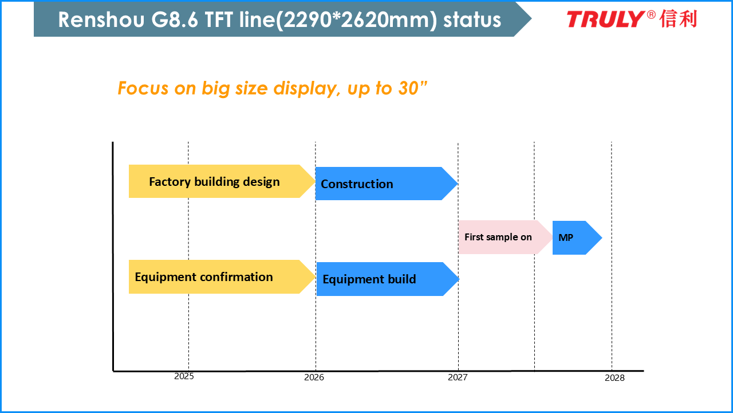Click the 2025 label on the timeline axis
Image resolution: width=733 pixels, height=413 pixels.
pyautogui.click(x=184, y=376)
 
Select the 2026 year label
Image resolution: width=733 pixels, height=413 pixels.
pyautogui.click(x=314, y=377)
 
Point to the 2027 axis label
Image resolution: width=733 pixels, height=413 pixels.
pyautogui.click(x=458, y=377)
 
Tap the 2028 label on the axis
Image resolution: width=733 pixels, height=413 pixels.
pyautogui.click(x=614, y=378)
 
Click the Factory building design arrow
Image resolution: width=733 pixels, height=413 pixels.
pyautogui.click(x=222, y=181)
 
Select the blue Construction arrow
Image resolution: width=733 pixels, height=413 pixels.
pyautogui.click(x=387, y=184)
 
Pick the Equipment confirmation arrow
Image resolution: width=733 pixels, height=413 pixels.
pyautogui.click(x=222, y=276)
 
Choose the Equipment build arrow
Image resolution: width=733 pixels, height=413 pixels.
pyautogui.click(x=388, y=279)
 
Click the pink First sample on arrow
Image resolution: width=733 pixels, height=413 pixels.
pyautogui.click(x=506, y=237)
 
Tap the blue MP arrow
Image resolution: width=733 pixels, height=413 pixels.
pyautogui.click(x=577, y=237)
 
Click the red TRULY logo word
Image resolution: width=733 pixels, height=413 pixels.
pyautogui.click(x=606, y=19)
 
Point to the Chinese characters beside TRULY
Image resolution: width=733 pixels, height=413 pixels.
pyautogui.click(x=678, y=19)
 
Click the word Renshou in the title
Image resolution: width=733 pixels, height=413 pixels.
pyautogui.click(x=101, y=20)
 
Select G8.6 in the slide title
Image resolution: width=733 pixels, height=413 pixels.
pyautogui.click(x=175, y=20)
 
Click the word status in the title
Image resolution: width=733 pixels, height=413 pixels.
pyautogui.click(x=472, y=20)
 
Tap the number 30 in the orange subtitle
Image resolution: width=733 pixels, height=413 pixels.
pyautogui.click(x=408, y=88)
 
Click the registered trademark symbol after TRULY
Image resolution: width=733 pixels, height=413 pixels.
pyautogui.click(x=651, y=15)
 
